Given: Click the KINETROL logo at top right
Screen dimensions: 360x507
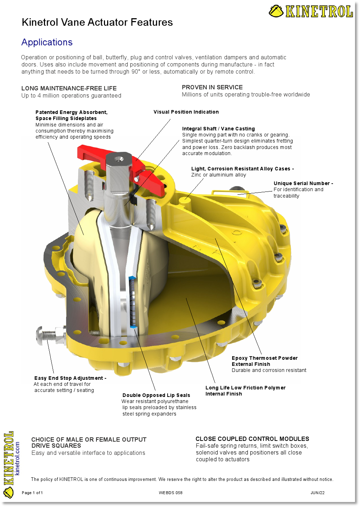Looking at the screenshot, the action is tap(311, 11).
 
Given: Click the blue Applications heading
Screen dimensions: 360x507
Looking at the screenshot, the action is tap(47, 42).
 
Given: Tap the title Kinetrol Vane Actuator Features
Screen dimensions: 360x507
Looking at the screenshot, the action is tap(97, 22).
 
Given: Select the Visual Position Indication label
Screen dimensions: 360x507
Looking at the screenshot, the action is tap(186, 112).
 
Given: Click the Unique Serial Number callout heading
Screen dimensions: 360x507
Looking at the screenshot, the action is tap(303, 183).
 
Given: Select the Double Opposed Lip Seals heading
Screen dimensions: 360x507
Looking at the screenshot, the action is tap(156, 395).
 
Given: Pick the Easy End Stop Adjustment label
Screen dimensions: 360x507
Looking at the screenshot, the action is tap(70, 378).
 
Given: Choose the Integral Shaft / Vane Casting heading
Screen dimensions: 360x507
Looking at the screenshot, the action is tap(218, 129).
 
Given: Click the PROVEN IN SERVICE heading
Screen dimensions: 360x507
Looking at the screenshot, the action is tap(212, 88).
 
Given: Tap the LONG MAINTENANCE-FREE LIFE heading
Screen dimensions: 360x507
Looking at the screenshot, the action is tap(69, 88).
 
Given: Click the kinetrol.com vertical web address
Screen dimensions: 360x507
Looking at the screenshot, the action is tap(17, 458).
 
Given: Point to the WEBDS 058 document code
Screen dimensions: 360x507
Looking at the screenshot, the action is tap(170, 493).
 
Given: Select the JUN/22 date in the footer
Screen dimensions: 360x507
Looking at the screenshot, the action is tap(317, 493).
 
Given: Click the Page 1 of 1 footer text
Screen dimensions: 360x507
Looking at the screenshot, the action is tap(32, 493).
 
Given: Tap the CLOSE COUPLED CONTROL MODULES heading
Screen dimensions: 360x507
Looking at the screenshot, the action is tap(252, 439).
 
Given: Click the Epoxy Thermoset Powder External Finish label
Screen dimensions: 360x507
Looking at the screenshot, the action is tap(265, 361).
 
